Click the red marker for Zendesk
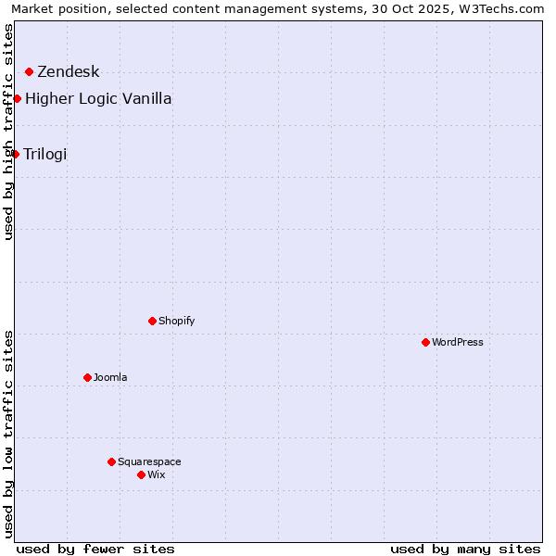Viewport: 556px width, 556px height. pyautogui.click(x=29, y=71)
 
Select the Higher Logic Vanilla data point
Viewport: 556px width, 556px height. pyautogui.click(x=17, y=98)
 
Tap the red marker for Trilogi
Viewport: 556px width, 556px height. pyautogui.click(x=15, y=154)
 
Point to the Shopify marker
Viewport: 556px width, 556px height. pyautogui.click(x=152, y=321)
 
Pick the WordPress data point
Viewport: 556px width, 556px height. pyautogui.click(x=425, y=342)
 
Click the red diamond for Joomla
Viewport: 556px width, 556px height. pyautogui.click(x=87, y=377)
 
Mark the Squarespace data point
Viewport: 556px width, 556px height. pyautogui.click(x=111, y=461)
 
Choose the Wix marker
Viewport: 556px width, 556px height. pyautogui.click(x=141, y=474)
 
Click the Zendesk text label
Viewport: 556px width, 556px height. pyautogui.click(x=68, y=72)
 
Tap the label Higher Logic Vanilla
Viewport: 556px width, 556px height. pyautogui.click(x=98, y=99)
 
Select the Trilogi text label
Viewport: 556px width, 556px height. pyautogui.click(x=45, y=154)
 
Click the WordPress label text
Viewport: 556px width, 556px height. pyautogui.click(x=458, y=342)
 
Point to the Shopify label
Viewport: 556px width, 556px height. pyautogui.click(x=176, y=321)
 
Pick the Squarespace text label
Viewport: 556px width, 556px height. pyautogui.click(x=149, y=461)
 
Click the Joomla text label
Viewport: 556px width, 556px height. pyautogui.click(x=110, y=377)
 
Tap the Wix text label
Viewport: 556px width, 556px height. pyautogui.click(x=156, y=474)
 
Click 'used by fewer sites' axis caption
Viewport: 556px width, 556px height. pyautogui.click(x=95, y=549)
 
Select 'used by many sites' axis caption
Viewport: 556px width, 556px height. pyautogui.click(x=465, y=549)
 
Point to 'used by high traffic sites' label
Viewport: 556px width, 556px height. pyautogui.click(x=9, y=132)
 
